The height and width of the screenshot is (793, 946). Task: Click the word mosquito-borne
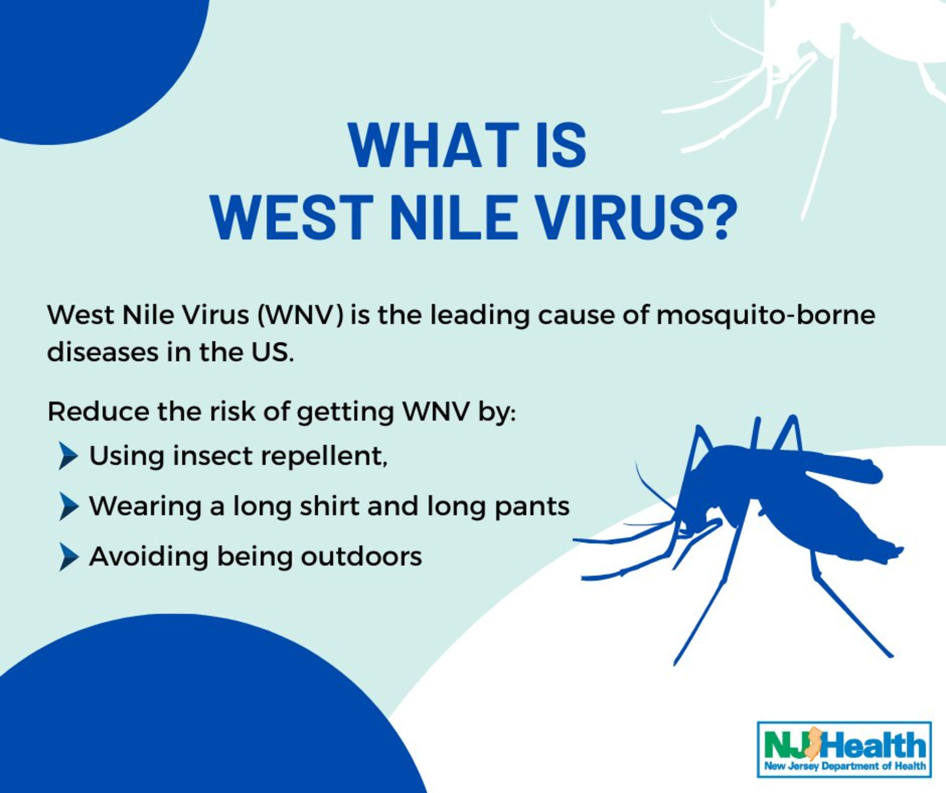pyautogui.click(x=766, y=315)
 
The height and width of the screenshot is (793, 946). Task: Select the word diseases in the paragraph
pyautogui.click(x=103, y=352)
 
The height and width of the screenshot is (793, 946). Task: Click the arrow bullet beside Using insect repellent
pyautogui.click(x=68, y=456)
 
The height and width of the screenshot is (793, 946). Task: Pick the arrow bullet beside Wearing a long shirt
pyautogui.click(x=68, y=507)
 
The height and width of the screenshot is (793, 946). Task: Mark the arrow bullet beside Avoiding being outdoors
pyautogui.click(x=68, y=557)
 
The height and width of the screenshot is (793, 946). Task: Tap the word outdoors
pyautogui.click(x=361, y=557)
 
